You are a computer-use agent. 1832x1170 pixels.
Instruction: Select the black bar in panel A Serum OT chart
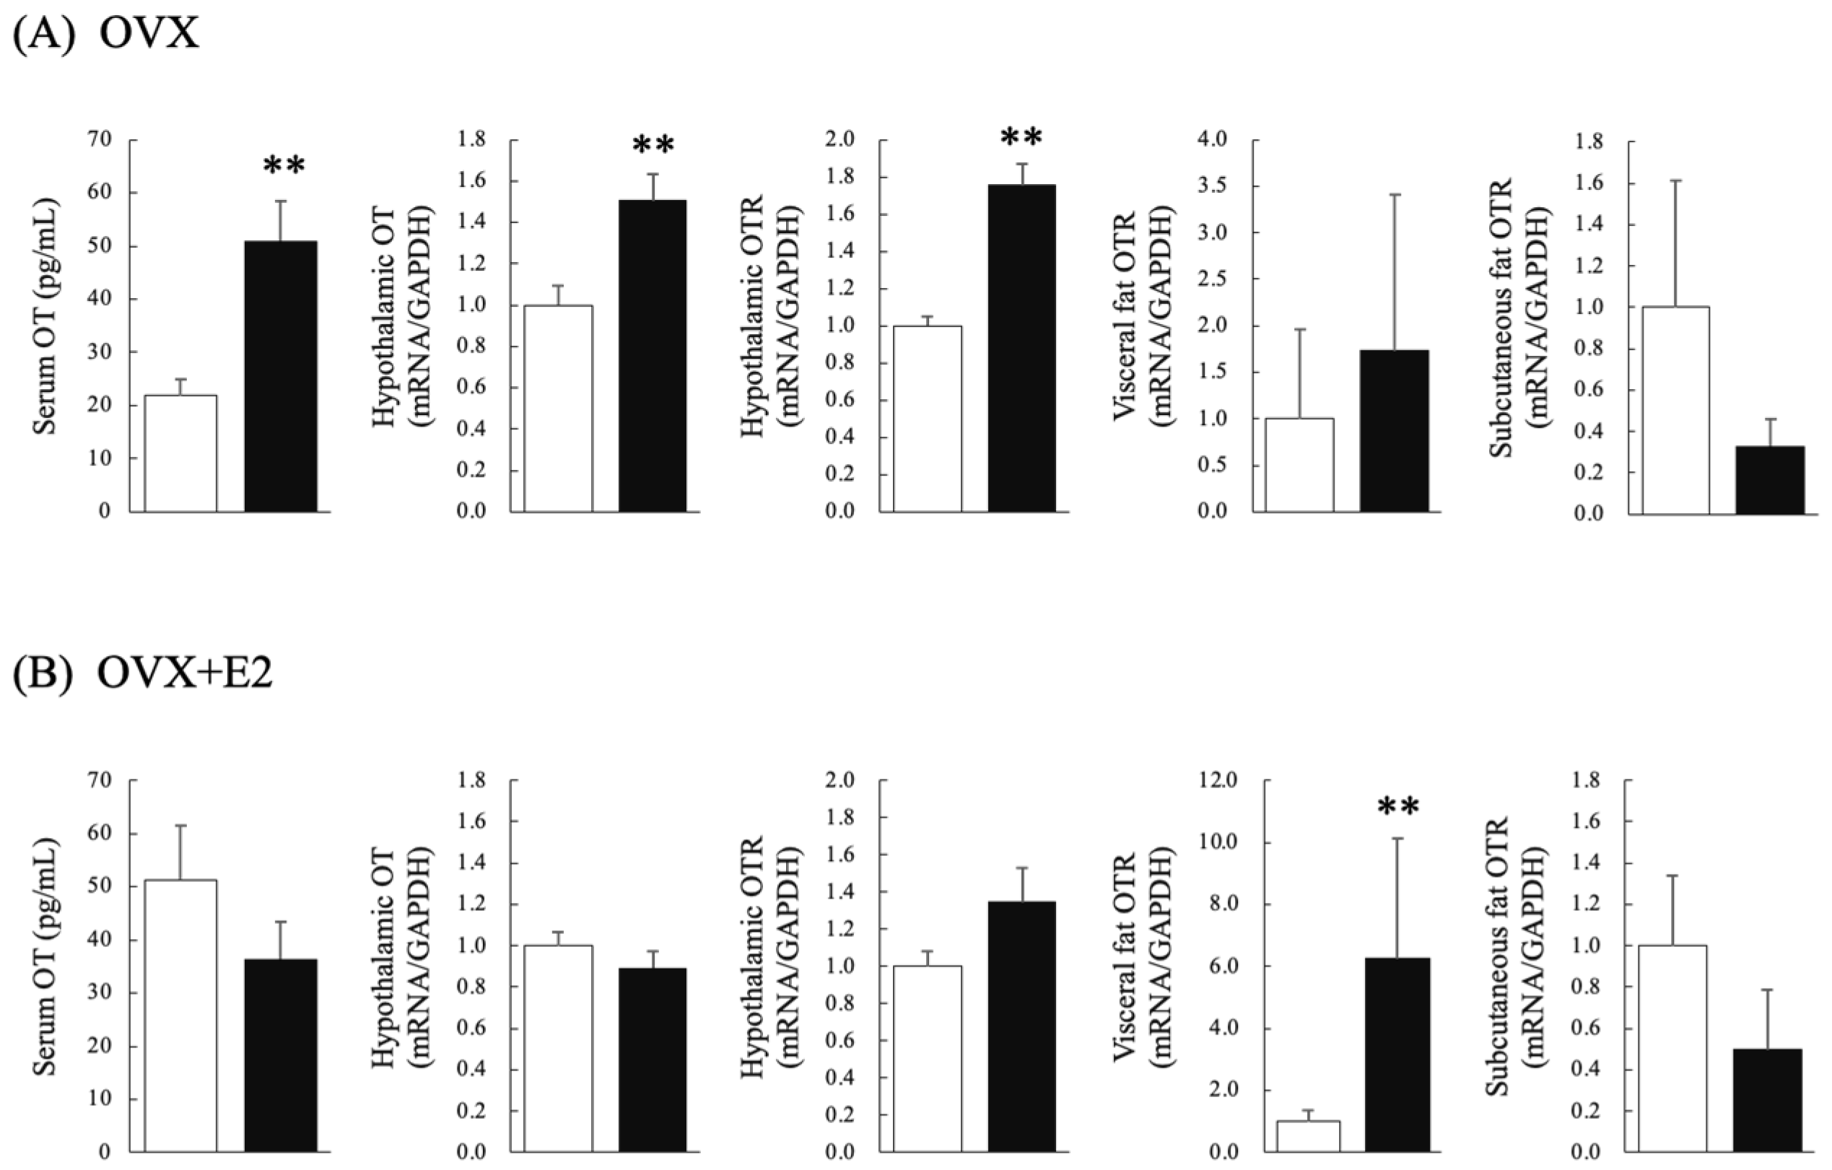point(281,377)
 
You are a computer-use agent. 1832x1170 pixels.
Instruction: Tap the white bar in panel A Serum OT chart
point(180,453)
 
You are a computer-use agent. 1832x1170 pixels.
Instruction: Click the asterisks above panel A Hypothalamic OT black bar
point(653,145)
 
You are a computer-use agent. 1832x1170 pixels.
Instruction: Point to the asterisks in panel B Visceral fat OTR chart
point(1398,807)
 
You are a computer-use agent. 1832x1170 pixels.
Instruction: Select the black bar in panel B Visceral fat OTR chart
point(1398,1065)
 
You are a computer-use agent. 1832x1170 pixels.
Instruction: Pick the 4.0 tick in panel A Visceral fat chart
point(1213,140)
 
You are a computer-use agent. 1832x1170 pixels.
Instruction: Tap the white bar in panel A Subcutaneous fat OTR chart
point(1676,411)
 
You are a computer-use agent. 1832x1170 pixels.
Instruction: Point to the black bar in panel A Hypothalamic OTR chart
point(1022,348)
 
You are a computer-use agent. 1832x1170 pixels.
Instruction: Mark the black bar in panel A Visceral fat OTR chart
point(1395,432)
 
